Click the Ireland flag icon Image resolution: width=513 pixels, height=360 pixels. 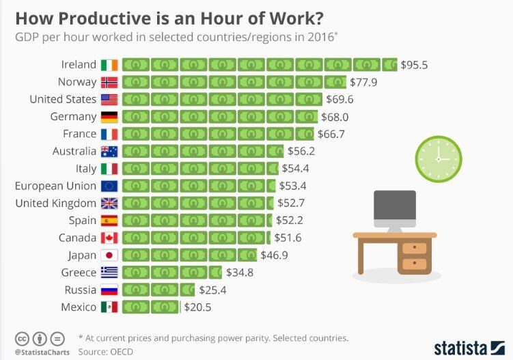pos(109,64)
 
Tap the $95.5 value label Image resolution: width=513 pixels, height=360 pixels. pos(414,65)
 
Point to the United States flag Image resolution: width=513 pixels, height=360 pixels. pos(109,99)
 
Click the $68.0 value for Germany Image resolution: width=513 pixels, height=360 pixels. pos(335,117)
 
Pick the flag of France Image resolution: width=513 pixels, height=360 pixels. pos(109,134)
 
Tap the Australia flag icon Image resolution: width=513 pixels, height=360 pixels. pos(109,151)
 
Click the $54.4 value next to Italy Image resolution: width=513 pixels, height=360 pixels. pos(296,169)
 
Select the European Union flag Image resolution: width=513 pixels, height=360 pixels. pos(109,186)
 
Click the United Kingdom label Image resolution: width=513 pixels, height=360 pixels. pos(56,203)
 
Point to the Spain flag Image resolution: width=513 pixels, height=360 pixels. pos(109,221)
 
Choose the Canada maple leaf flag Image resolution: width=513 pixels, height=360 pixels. pos(109,238)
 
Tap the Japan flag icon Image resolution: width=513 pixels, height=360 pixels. pos(109,255)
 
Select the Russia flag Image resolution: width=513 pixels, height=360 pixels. pos(109,290)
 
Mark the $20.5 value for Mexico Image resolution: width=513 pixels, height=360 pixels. pos(198,307)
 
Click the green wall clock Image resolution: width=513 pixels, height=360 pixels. pos(439,159)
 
